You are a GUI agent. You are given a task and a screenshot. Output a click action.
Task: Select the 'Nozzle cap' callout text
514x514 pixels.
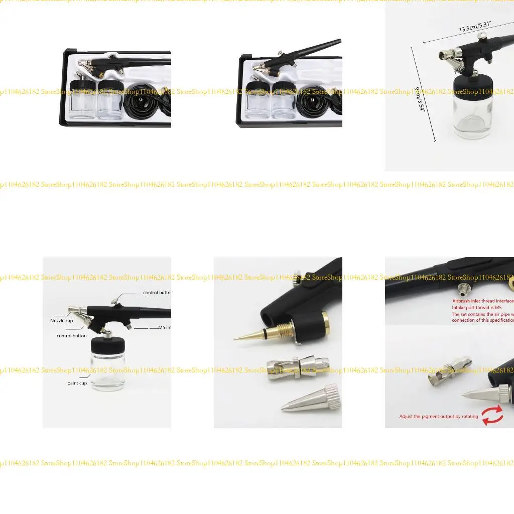(61, 321)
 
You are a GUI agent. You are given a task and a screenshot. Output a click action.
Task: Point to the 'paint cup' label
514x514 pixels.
(77, 383)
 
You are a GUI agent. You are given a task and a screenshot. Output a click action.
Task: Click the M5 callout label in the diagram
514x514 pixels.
(164, 327)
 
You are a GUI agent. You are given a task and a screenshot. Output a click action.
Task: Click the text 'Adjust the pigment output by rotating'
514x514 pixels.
(438, 417)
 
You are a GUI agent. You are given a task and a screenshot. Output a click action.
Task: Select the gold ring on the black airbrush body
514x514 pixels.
(325, 324)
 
